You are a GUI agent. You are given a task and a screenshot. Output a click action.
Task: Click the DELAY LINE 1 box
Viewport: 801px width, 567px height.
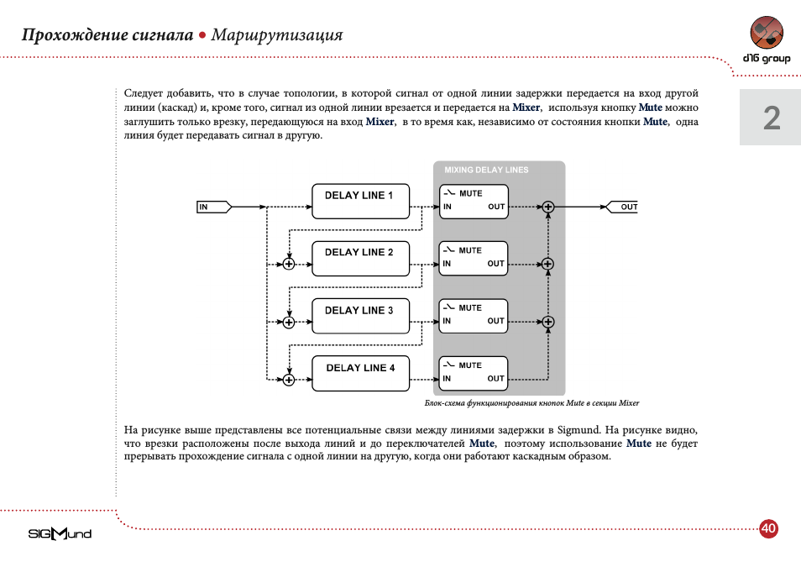(360, 202)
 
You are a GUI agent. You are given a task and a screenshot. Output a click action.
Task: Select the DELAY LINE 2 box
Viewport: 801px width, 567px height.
(360, 259)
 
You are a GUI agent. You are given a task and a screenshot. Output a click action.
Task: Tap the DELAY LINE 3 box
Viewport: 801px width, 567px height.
(360, 316)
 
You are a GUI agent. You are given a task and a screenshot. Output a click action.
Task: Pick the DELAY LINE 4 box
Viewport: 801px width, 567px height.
(360, 373)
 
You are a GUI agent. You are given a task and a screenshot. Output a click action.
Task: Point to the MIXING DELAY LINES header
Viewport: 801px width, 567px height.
(486, 170)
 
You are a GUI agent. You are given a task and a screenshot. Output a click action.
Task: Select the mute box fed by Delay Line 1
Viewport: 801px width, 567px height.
(474, 202)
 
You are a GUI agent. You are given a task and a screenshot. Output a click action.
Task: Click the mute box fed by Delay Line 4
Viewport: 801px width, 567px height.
(474, 373)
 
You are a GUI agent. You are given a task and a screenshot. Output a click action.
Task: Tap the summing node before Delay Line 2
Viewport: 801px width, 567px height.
(289, 264)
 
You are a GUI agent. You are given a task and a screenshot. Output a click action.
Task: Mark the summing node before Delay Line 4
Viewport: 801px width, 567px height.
(289, 380)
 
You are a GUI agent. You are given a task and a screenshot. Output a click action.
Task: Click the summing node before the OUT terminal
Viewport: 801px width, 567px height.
(547, 207)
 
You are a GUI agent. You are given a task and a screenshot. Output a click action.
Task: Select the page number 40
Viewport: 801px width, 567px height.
(767, 528)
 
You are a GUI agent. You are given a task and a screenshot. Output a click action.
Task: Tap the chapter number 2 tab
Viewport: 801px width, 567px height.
(771, 118)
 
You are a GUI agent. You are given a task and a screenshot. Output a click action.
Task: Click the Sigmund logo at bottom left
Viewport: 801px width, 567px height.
(60, 533)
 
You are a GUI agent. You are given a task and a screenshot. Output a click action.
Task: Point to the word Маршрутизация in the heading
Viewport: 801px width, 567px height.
(277, 35)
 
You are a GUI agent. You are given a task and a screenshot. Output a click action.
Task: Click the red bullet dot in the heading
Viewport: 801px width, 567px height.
(202, 35)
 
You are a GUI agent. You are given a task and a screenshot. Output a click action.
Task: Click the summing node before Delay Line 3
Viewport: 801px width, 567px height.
(289, 322)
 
